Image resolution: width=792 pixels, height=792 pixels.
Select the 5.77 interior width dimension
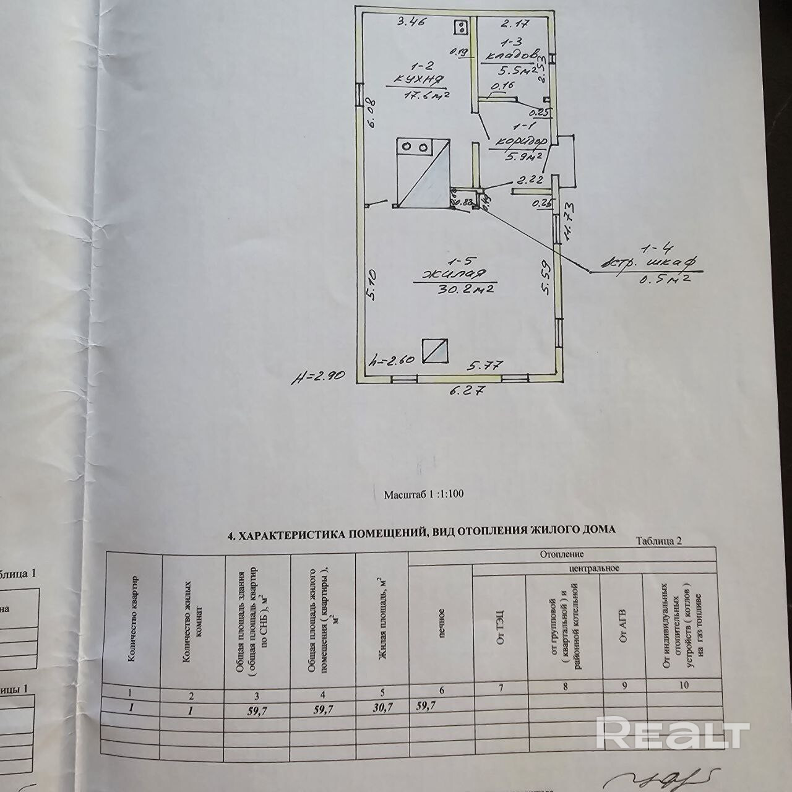click(478, 366)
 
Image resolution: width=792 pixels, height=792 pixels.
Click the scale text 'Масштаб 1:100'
click(424, 494)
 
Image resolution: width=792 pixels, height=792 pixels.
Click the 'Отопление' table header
click(561, 554)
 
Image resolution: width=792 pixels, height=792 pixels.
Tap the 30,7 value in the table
click(381, 711)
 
